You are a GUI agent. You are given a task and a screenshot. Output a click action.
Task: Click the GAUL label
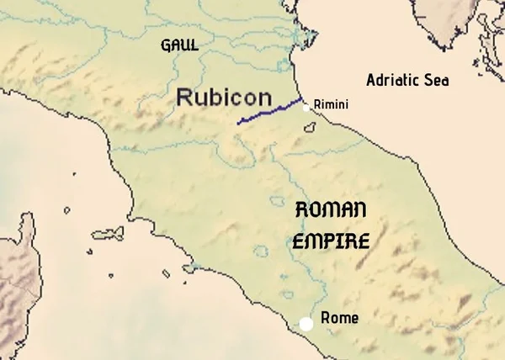(179, 45)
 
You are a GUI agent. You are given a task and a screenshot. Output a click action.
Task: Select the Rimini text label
(330, 104)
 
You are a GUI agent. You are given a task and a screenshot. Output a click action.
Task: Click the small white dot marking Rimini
(306, 107)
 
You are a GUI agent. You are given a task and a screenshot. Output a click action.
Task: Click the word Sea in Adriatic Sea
(438, 81)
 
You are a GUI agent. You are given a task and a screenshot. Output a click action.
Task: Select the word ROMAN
(332, 212)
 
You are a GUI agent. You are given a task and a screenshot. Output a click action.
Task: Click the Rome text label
(339, 318)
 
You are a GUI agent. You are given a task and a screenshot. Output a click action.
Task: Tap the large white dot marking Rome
(306, 323)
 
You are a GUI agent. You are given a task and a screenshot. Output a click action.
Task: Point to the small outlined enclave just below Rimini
(311, 128)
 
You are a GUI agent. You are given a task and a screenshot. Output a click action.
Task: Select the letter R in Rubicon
(186, 97)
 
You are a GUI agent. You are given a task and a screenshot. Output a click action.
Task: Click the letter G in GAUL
(166, 45)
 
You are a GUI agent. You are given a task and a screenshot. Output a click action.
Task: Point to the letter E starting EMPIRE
(298, 241)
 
